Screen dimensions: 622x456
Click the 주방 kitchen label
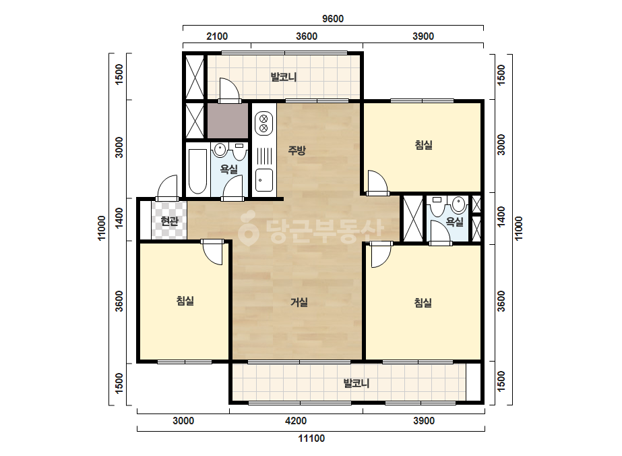[x=297, y=150]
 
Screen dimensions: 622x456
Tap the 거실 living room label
[x=299, y=302]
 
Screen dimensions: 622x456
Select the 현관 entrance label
[x=169, y=221]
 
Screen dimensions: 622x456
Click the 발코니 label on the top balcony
[x=284, y=77]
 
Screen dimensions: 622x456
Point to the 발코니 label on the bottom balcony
[x=356, y=383]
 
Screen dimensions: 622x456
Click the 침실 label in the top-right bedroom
[x=424, y=145]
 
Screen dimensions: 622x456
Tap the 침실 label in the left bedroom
[x=185, y=301]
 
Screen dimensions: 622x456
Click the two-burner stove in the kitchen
[x=263, y=123]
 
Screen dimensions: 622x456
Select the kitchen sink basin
[x=263, y=180]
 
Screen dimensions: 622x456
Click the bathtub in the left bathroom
[x=197, y=171]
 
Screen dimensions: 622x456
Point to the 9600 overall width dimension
[x=333, y=19]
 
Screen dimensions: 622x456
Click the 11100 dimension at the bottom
[x=311, y=438]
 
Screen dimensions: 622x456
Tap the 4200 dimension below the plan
[x=296, y=421]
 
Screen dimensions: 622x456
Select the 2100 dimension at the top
[x=217, y=36]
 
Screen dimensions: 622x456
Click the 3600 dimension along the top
[x=307, y=36]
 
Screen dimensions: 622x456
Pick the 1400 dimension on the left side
[x=119, y=218]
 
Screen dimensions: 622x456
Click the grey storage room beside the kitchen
[x=228, y=121]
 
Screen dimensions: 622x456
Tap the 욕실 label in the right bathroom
[x=455, y=222]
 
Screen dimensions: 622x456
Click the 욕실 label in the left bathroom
[x=229, y=169]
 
